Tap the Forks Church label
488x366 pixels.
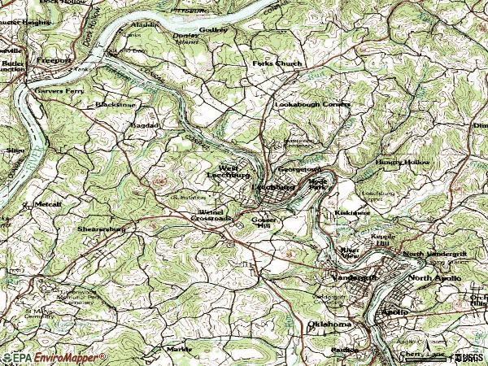277,63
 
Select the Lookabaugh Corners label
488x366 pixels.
312,105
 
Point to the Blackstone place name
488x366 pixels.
114,105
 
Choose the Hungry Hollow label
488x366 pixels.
401,163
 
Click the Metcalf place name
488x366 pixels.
47,204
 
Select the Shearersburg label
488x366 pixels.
101,230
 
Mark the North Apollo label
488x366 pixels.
434,278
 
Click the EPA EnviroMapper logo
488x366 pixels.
54,358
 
